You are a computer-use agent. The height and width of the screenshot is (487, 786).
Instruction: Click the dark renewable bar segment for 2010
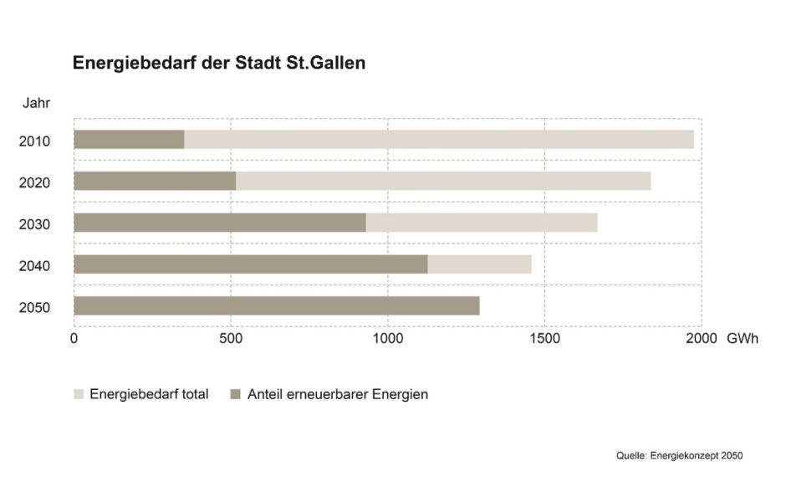pyautogui.click(x=129, y=140)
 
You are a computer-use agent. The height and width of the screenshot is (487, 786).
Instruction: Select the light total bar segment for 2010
pyautogui.click(x=438, y=140)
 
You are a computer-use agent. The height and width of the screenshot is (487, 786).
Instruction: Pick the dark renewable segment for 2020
pyautogui.click(x=155, y=181)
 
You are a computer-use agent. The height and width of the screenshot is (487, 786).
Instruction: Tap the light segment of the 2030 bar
pyautogui.click(x=481, y=223)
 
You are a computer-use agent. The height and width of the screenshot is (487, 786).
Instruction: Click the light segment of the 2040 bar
pyautogui.click(x=479, y=264)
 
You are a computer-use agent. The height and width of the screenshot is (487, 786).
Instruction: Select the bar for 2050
pyautogui.click(x=276, y=306)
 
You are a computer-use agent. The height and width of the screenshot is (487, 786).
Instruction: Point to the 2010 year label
pyautogui.click(x=35, y=141)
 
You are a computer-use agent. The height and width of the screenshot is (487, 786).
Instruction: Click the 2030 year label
pyautogui.click(x=35, y=224)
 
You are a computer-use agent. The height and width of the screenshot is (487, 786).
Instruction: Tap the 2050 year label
pyautogui.click(x=35, y=308)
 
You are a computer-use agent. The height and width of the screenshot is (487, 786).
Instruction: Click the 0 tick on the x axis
pyautogui.click(x=74, y=339)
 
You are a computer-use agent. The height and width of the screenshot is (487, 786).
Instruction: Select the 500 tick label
pyautogui.click(x=231, y=339)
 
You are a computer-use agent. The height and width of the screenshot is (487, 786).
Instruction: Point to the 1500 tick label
pyautogui.click(x=544, y=339)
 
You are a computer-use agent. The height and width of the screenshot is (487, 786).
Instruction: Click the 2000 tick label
pyautogui.click(x=702, y=339)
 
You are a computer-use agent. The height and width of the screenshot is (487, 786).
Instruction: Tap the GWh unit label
pyautogui.click(x=743, y=339)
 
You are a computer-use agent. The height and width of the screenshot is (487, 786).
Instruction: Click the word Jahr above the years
pyautogui.click(x=35, y=104)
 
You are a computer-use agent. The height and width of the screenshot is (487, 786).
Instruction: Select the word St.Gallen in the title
pyautogui.click(x=327, y=64)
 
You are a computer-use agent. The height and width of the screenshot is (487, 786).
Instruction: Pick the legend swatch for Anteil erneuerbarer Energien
pyautogui.click(x=235, y=394)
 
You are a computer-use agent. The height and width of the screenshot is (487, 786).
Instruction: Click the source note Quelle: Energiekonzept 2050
pyautogui.click(x=679, y=456)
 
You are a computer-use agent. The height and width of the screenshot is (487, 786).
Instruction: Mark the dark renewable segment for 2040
pyautogui.click(x=251, y=264)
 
